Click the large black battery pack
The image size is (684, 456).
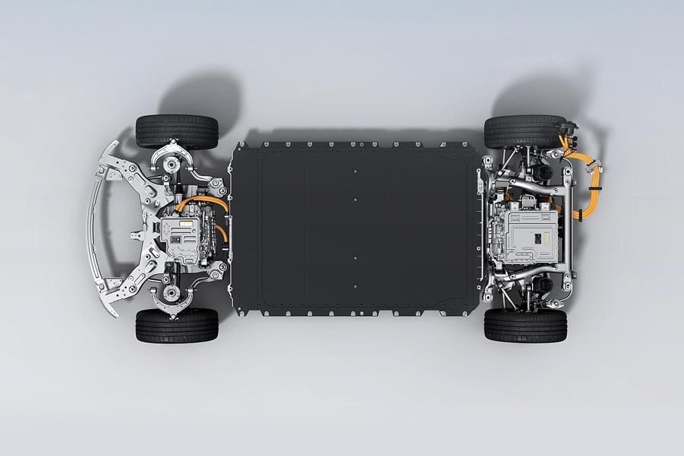(x=355, y=228)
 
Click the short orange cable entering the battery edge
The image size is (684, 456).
(x=222, y=232)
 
